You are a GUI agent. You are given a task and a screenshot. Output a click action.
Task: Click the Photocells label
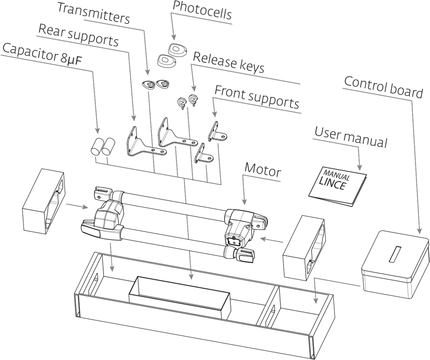coord(202,11)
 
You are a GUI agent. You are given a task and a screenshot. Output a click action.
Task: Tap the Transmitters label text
coord(94,13)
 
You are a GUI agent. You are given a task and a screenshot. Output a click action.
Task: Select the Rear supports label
coord(78,35)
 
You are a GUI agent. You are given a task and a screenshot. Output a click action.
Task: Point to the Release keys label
coord(229,63)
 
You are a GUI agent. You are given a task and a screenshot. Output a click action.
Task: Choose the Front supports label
coord(257,97)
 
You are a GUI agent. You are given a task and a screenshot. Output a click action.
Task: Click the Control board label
coord(383,87)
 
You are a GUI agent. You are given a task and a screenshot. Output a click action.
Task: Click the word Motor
coord(263,170)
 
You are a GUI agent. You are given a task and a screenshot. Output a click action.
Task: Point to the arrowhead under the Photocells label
coord(173,37)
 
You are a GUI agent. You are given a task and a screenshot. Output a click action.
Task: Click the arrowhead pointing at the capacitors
coord(97,131)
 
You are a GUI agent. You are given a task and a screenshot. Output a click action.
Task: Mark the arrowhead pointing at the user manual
coord(359,167)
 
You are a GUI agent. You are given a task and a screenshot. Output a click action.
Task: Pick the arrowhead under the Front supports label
coord(215,114)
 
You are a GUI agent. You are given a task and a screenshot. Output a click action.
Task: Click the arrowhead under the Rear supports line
coord(134,118)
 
